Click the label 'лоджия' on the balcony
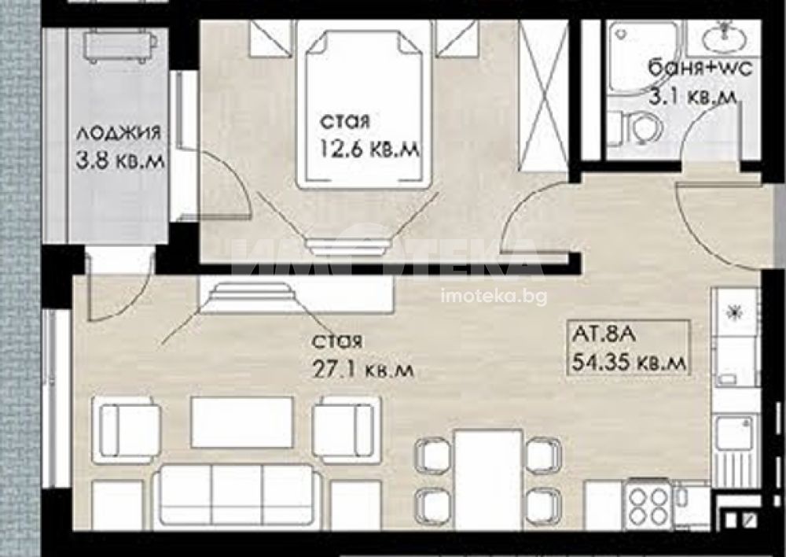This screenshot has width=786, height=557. [x=119, y=134]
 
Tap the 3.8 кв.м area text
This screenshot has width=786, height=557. [x=119, y=161]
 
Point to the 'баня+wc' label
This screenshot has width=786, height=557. [x=700, y=68]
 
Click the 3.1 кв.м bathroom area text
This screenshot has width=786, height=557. [x=693, y=96]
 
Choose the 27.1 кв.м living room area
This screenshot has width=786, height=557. [x=363, y=371]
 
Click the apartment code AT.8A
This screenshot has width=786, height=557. [x=604, y=334]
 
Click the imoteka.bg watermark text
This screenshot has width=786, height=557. [x=494, y=297]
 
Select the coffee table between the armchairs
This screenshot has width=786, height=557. [x=243, y=422]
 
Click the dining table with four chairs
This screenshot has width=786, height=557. [x=489, y=479]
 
